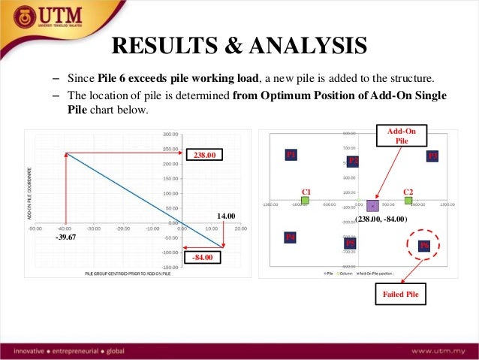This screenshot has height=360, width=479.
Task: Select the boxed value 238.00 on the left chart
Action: click(205, 156)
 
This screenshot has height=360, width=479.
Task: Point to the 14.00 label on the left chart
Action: click(226, 216)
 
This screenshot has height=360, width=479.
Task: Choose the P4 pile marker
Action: click(291, 237)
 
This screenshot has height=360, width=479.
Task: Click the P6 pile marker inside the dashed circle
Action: click(424, 245)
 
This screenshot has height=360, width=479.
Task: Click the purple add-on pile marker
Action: click(372, 205)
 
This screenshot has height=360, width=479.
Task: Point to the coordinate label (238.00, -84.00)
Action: click(380, 219)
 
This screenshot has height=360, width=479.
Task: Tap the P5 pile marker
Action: click(350, 244)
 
